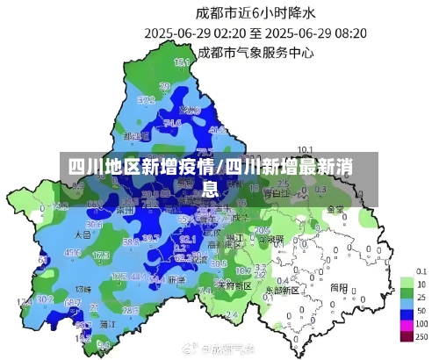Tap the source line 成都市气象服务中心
tap(255, 52)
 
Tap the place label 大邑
tap(83, 235)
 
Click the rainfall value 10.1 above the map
tap(306, 148)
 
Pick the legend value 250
tap(422, 337)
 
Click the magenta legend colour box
tap(406, 325)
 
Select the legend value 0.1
tap(422, 272)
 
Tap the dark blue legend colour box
tap(406, 312)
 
